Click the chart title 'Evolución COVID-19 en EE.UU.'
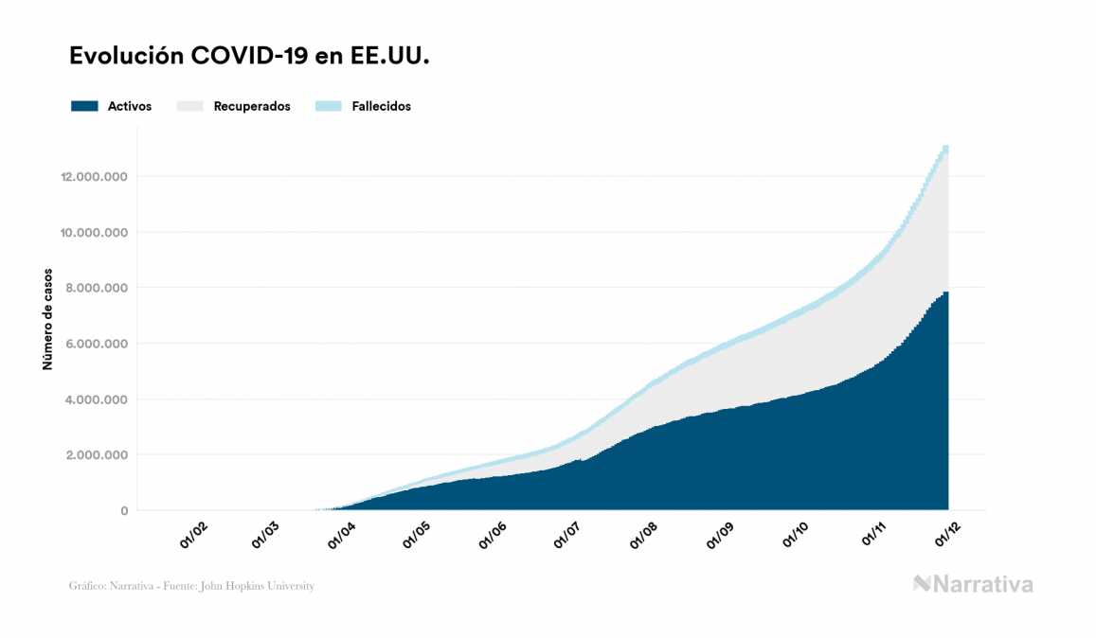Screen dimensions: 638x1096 [x=250, y=57]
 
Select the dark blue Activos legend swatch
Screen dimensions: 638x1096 [x=84, y=106]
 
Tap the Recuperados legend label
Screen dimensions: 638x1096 [x=252, y=106]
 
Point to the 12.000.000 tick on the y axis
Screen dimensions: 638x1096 [x=94, y=177]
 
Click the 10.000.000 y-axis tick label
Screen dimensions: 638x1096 [x=94, y=233]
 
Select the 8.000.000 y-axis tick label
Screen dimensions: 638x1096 [x=96, y=288]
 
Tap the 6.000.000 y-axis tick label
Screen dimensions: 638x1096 [x=96, y=344]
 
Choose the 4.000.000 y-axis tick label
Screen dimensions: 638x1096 [x=96, y=399]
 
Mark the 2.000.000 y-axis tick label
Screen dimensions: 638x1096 [x=96, y=455]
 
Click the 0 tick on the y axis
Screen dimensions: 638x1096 [x=123, y=511]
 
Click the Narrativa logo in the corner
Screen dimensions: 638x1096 [x=973, y=584]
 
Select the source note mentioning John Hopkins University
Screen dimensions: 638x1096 [x=191, y=586]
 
